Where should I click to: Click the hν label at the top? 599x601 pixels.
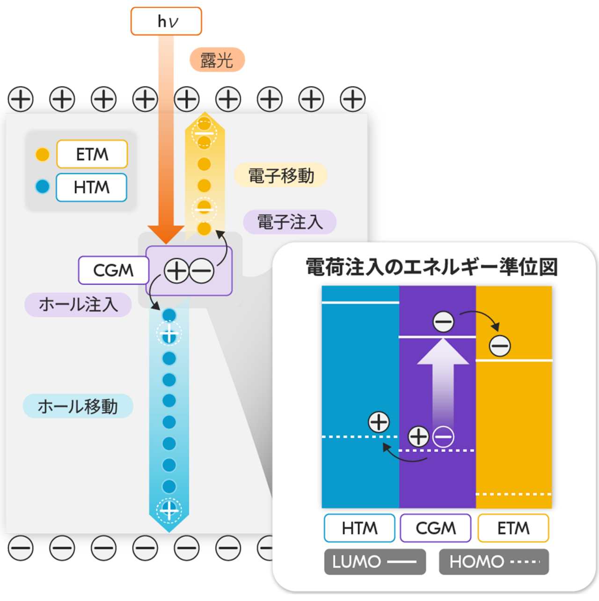coord(166,22)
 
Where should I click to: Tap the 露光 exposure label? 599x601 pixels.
coord(216,60)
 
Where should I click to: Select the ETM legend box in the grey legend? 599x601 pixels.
coord(92,154)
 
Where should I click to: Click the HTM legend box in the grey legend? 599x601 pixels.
coord(92,187)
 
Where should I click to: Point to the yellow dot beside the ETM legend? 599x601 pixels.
coord(43,154)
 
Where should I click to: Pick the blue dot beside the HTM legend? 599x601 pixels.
coord(43,187)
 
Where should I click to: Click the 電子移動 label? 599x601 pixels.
coord(281,176)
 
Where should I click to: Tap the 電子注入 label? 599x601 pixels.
coord(290,222)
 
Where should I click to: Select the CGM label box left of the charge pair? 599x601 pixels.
coord(113,270)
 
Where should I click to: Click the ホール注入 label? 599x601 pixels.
coord(78,305)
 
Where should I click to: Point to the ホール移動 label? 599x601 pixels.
coord(78,406)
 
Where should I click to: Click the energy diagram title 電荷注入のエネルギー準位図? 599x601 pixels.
coord(431,267)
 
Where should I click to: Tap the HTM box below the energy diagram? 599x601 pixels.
coord(359,528)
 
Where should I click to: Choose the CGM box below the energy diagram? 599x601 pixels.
coord(436,528)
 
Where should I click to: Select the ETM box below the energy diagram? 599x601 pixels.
coord(513,528)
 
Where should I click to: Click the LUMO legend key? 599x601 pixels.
coord(375,562)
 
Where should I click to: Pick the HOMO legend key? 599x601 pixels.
coord(494,562)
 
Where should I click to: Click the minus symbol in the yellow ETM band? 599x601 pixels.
coord(500,346)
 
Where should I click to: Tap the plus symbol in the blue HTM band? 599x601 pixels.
coord(379,422)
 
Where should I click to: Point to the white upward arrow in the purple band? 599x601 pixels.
coord(443,379)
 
